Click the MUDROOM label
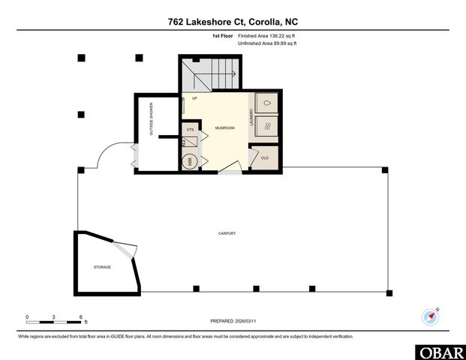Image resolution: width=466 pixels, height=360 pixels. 224,128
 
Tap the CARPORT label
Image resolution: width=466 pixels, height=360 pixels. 227,234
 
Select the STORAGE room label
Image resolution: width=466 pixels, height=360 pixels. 102,267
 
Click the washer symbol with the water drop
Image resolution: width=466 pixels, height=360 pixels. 266,103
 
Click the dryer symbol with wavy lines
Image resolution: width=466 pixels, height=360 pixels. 266,124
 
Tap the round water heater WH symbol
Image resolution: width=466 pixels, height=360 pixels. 190,160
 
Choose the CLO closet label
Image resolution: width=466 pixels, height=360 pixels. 264,158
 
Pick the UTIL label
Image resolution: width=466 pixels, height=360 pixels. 191,130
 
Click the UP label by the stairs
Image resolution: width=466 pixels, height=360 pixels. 195,98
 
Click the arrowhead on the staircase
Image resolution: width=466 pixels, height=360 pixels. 235,73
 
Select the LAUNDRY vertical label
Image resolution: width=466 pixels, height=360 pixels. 251,117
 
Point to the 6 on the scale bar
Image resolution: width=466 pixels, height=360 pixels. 80,317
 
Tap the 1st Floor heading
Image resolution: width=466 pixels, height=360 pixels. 223,35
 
